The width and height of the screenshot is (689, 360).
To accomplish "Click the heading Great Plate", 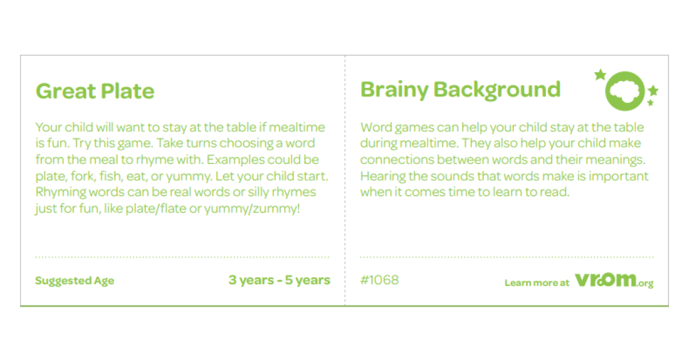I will [95, 91].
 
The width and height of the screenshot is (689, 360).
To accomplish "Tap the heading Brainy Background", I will [460, 90].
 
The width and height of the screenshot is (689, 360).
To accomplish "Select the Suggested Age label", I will [75, 281].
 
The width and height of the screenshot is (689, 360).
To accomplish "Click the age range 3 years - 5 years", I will [279, 280].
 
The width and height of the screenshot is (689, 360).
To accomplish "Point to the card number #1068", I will [379, 280].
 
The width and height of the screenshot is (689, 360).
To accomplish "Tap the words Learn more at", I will [537, 282].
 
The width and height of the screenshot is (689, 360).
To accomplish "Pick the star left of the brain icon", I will [600, 75].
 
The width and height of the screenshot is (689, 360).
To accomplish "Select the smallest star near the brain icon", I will [651, 103].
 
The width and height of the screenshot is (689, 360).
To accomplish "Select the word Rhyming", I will [59, 192].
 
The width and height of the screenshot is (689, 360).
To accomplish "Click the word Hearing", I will [382, 176].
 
